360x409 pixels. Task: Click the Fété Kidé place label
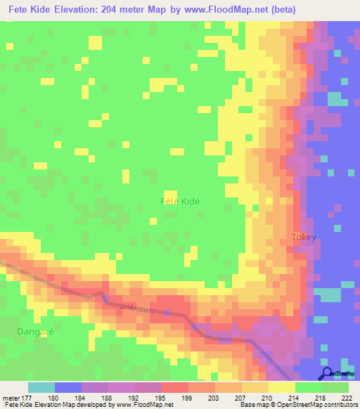click(181, 201)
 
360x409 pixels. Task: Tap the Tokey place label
click(304, 238)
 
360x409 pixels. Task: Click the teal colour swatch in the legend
click(41, 387)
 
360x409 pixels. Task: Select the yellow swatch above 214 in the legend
click(281, 387)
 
